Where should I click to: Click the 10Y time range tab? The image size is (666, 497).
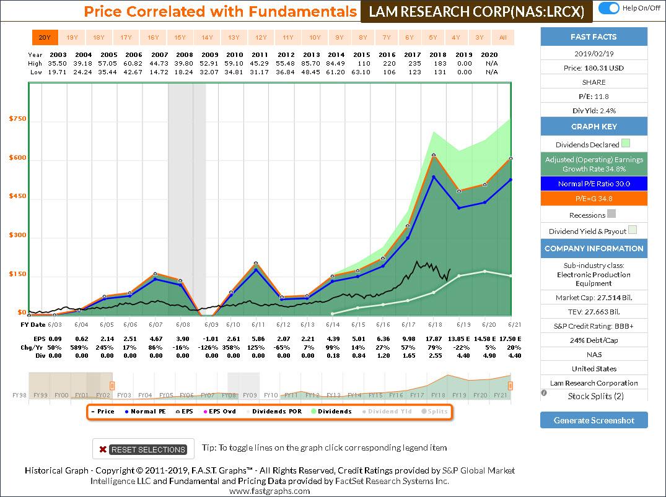pyautogui.click(x=315, y=38)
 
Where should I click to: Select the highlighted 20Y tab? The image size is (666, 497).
pyautogui.click(x=45, y=38)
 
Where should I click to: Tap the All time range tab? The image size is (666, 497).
pyautogui.click(x=503, y=38)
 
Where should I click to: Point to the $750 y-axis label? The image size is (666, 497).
pyautogui.click(x=17, y=119)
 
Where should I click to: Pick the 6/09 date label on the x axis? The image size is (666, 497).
pyautogui.click(x=211, y=324)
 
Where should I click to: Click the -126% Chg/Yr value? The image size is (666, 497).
pyautogui.click(x=211, y=347)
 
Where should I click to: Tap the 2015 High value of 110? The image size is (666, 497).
pyautogui.click(x=362, y=64)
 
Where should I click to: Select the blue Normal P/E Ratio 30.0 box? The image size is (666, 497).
pyautogui.click(x=594, y=184)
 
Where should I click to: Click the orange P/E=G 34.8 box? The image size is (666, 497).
pyautogui.click(x=594, y=199)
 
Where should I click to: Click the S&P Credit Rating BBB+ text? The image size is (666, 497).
pyautogui.click(x=594, y=326)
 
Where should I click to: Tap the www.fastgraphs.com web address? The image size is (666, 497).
pyautogui.click(x=269, y=491)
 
